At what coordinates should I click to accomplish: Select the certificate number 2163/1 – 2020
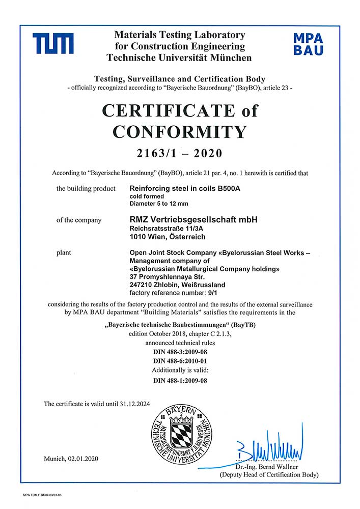coord(180,153)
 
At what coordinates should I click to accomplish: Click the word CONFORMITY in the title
coord(180,132)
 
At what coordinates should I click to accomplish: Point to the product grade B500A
coord(240,189)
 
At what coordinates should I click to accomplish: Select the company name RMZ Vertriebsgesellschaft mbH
coord(194,220)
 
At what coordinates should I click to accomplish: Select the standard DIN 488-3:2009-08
coord(180,352)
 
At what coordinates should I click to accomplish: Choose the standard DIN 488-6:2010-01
coord(180,361)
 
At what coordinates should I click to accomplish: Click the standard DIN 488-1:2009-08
coord(180,380)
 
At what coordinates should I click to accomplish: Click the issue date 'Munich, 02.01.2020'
coord(71,459)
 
